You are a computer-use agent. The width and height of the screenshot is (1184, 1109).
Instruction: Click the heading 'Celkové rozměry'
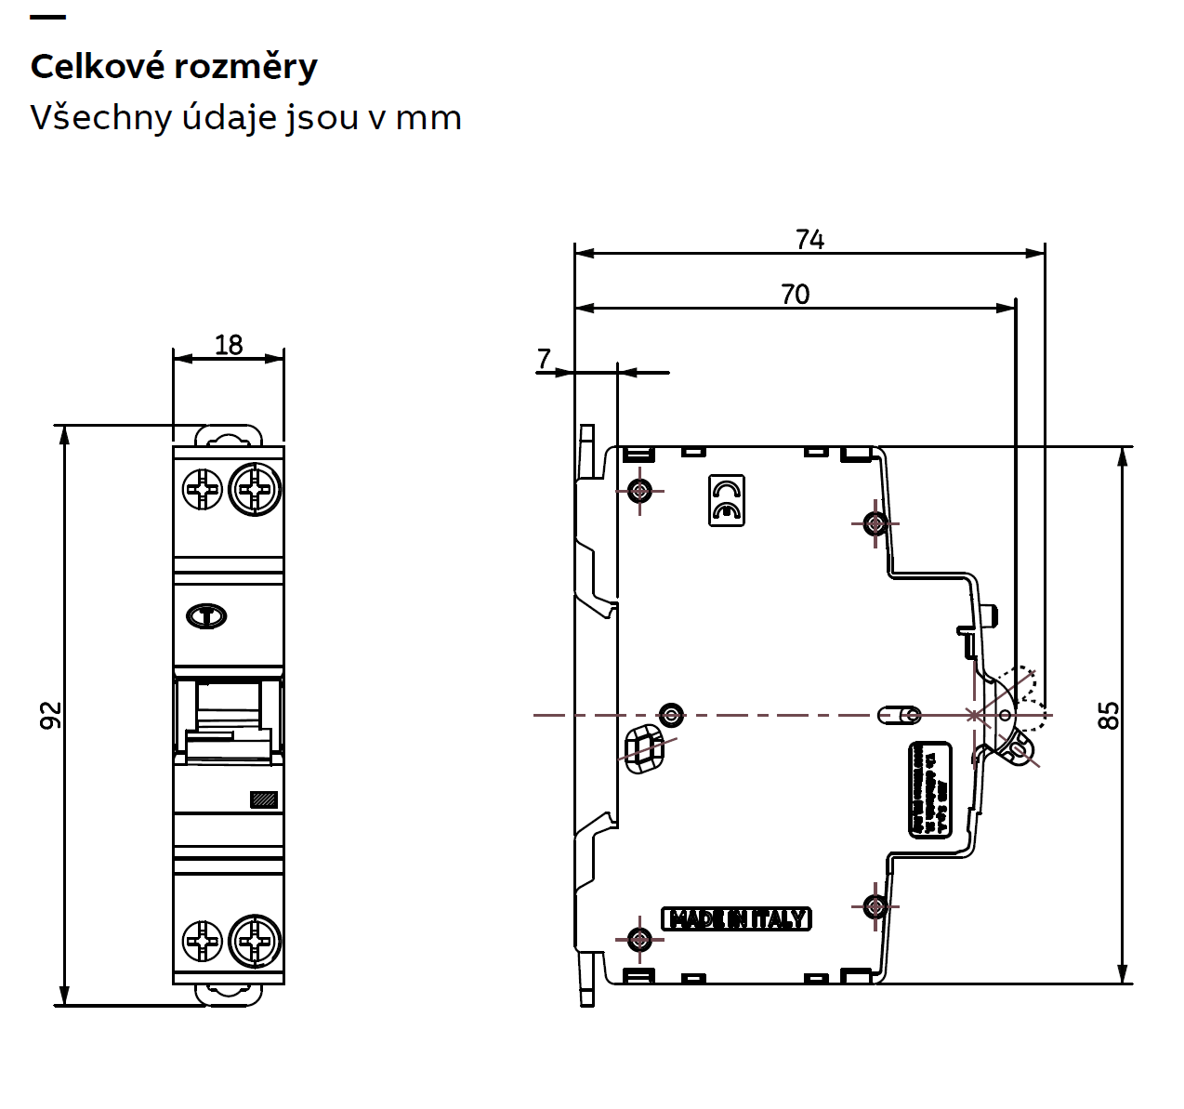coord(174,67)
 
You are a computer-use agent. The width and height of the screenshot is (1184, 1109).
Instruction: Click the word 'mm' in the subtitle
coord(428,119)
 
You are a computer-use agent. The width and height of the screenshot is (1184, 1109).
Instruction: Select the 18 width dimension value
coord(229,345)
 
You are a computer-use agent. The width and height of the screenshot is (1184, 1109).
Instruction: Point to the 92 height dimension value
coord(50,715)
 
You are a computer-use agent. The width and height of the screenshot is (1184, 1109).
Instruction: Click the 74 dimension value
coord(809,240)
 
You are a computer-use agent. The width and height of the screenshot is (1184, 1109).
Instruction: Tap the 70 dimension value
coord(795,295)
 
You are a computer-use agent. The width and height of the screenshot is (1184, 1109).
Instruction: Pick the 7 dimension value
coord(545,358)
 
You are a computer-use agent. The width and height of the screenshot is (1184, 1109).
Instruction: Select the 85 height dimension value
coord(1109,715)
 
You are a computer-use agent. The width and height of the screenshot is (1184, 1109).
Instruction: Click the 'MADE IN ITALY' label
coord(736,919)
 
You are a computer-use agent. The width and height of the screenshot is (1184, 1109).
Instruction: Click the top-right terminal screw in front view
coord(255,488)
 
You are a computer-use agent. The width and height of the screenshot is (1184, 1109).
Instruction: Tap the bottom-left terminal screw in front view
coord(202,941)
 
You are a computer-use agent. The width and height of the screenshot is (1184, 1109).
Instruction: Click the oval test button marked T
coord(206,615)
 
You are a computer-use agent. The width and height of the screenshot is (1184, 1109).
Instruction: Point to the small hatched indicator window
coord(264,799)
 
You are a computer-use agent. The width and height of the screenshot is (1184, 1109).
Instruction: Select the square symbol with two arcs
coord(727,500)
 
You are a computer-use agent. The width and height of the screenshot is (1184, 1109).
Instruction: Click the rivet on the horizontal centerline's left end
coord(671,715)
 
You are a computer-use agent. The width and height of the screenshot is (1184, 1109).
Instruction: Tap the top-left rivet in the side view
coord(639,489)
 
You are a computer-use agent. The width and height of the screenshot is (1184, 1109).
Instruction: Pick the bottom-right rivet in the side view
coord(874,904)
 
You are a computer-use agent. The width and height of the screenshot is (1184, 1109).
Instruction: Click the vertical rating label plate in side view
coord(929,789)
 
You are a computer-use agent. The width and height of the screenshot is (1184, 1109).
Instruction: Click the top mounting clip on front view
coord(229,436)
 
